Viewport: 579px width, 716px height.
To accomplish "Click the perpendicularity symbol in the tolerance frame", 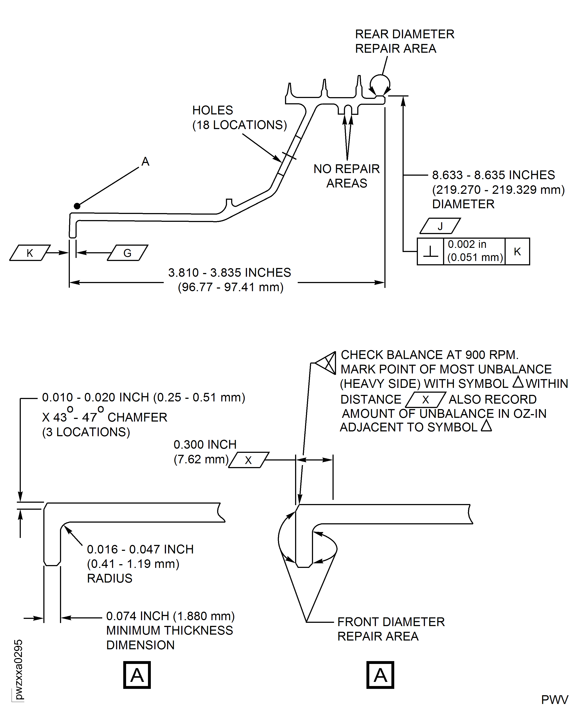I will point(430,252).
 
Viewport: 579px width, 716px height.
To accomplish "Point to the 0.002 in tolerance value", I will point(467,244).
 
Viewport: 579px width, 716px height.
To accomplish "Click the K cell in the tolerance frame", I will point(517,252).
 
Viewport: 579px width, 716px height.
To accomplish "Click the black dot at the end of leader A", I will point(77,206).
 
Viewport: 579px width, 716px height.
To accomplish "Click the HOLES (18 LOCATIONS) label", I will point(239,117).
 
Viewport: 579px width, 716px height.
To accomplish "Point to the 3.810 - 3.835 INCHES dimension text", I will point(229,273).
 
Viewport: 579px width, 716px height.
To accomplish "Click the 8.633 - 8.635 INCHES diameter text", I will point(493,175).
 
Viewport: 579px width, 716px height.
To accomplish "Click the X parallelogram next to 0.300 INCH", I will point(248,460).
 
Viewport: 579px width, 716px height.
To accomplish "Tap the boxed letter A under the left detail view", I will point(137,675).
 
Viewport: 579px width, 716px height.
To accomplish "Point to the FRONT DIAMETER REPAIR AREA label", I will point(391,629).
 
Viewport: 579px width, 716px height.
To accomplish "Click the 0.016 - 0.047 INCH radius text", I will point(140,549).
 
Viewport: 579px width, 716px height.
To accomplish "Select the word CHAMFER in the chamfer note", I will point(137,417).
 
